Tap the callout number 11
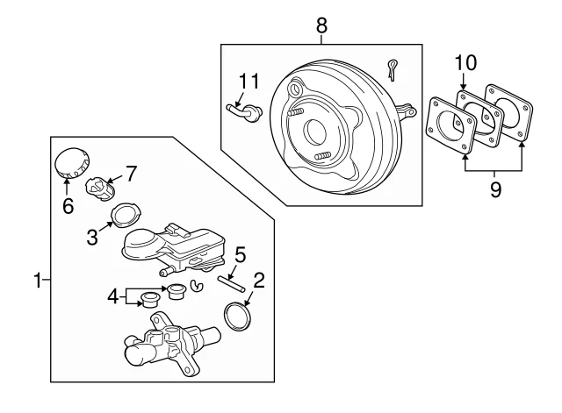(x=250, y=82)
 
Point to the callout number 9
(x=495, y=189)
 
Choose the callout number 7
(x=130, y=173)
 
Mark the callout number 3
(x=91, y=235)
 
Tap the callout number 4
(x=112, y=297)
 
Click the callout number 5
(x=240, y=255)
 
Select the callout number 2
(x=258, y=281)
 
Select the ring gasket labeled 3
(x=123, y=215)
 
